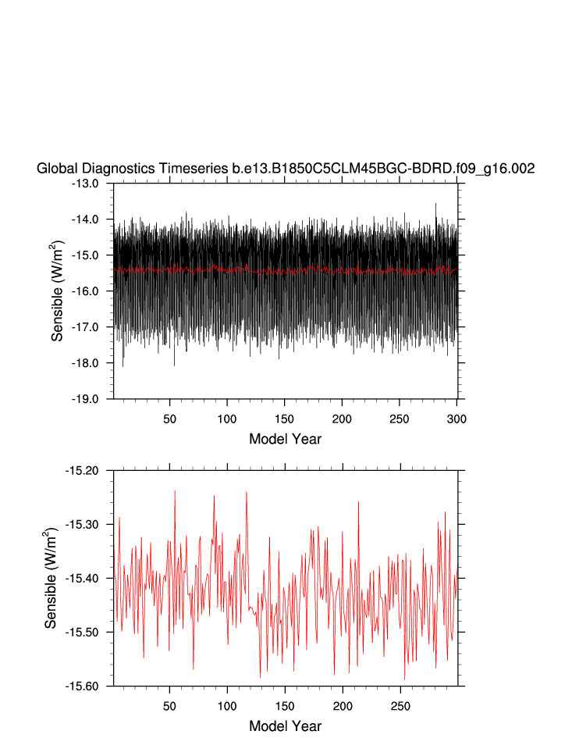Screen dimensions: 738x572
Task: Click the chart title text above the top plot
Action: (286, 169)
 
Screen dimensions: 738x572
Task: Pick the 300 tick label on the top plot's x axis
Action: (457, 419)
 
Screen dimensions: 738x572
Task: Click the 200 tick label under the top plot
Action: (342, 419)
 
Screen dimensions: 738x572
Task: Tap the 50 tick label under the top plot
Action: (170, 419)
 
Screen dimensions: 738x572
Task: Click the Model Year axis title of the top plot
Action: (285, 439)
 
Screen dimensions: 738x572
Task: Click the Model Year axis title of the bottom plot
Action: (285, 726)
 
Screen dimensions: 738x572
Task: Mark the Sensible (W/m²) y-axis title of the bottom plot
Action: (51, 578)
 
